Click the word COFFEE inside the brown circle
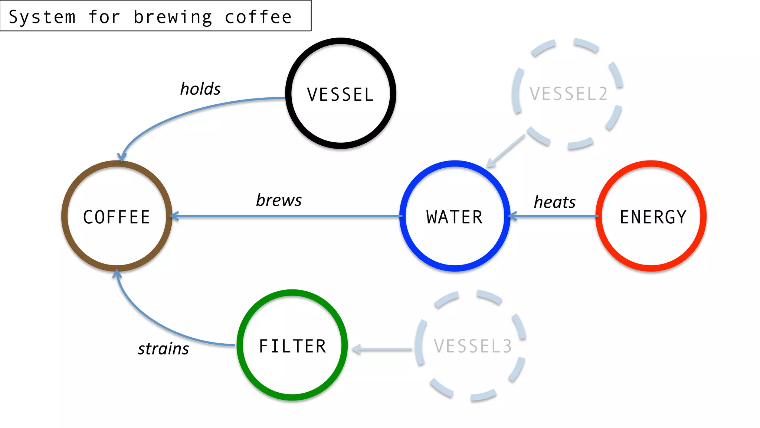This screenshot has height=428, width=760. pyautogui.click(x=117, y=217)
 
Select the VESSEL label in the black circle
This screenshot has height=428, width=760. pyautogui.click(x=340, y=94)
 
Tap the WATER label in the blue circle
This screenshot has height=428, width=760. pyautogui.click(x=455, y=217)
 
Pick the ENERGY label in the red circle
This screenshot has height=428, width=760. pyautogui.click(x=653, y=217)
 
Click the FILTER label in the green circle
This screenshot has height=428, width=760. pyautogui.click(x=292, y=346)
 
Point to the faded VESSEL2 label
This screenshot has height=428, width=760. pyautogui.click(x=569, y=94)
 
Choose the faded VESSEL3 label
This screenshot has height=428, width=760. pyautogui.click(x=473, y=346)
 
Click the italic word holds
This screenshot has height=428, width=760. pyautogui.click(x=200, y=89)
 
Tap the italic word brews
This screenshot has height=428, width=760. pyautogui.click(x=279, y=200)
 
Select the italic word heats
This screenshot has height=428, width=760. pyautogui.click(x=554, y=202)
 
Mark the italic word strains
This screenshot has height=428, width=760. pyautogui.click(x=163, y=349)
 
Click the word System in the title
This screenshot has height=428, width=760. pyautogui.click(x=42, y=17)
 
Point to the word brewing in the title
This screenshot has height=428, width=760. pyautogui.click(x=173, y=17)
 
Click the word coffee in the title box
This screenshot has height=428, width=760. pyautogui.click(x=258, y=17)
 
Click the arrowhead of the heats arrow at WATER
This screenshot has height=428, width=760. pyautogui.click(x=512, y=216)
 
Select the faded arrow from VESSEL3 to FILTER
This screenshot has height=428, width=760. pyautogui.click(x=382, y=349)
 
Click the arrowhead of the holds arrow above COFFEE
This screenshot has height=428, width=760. pyautogui.click(x=121, y=158)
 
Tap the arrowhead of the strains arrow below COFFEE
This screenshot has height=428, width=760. pyautogui.click(x=117, y=274)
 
